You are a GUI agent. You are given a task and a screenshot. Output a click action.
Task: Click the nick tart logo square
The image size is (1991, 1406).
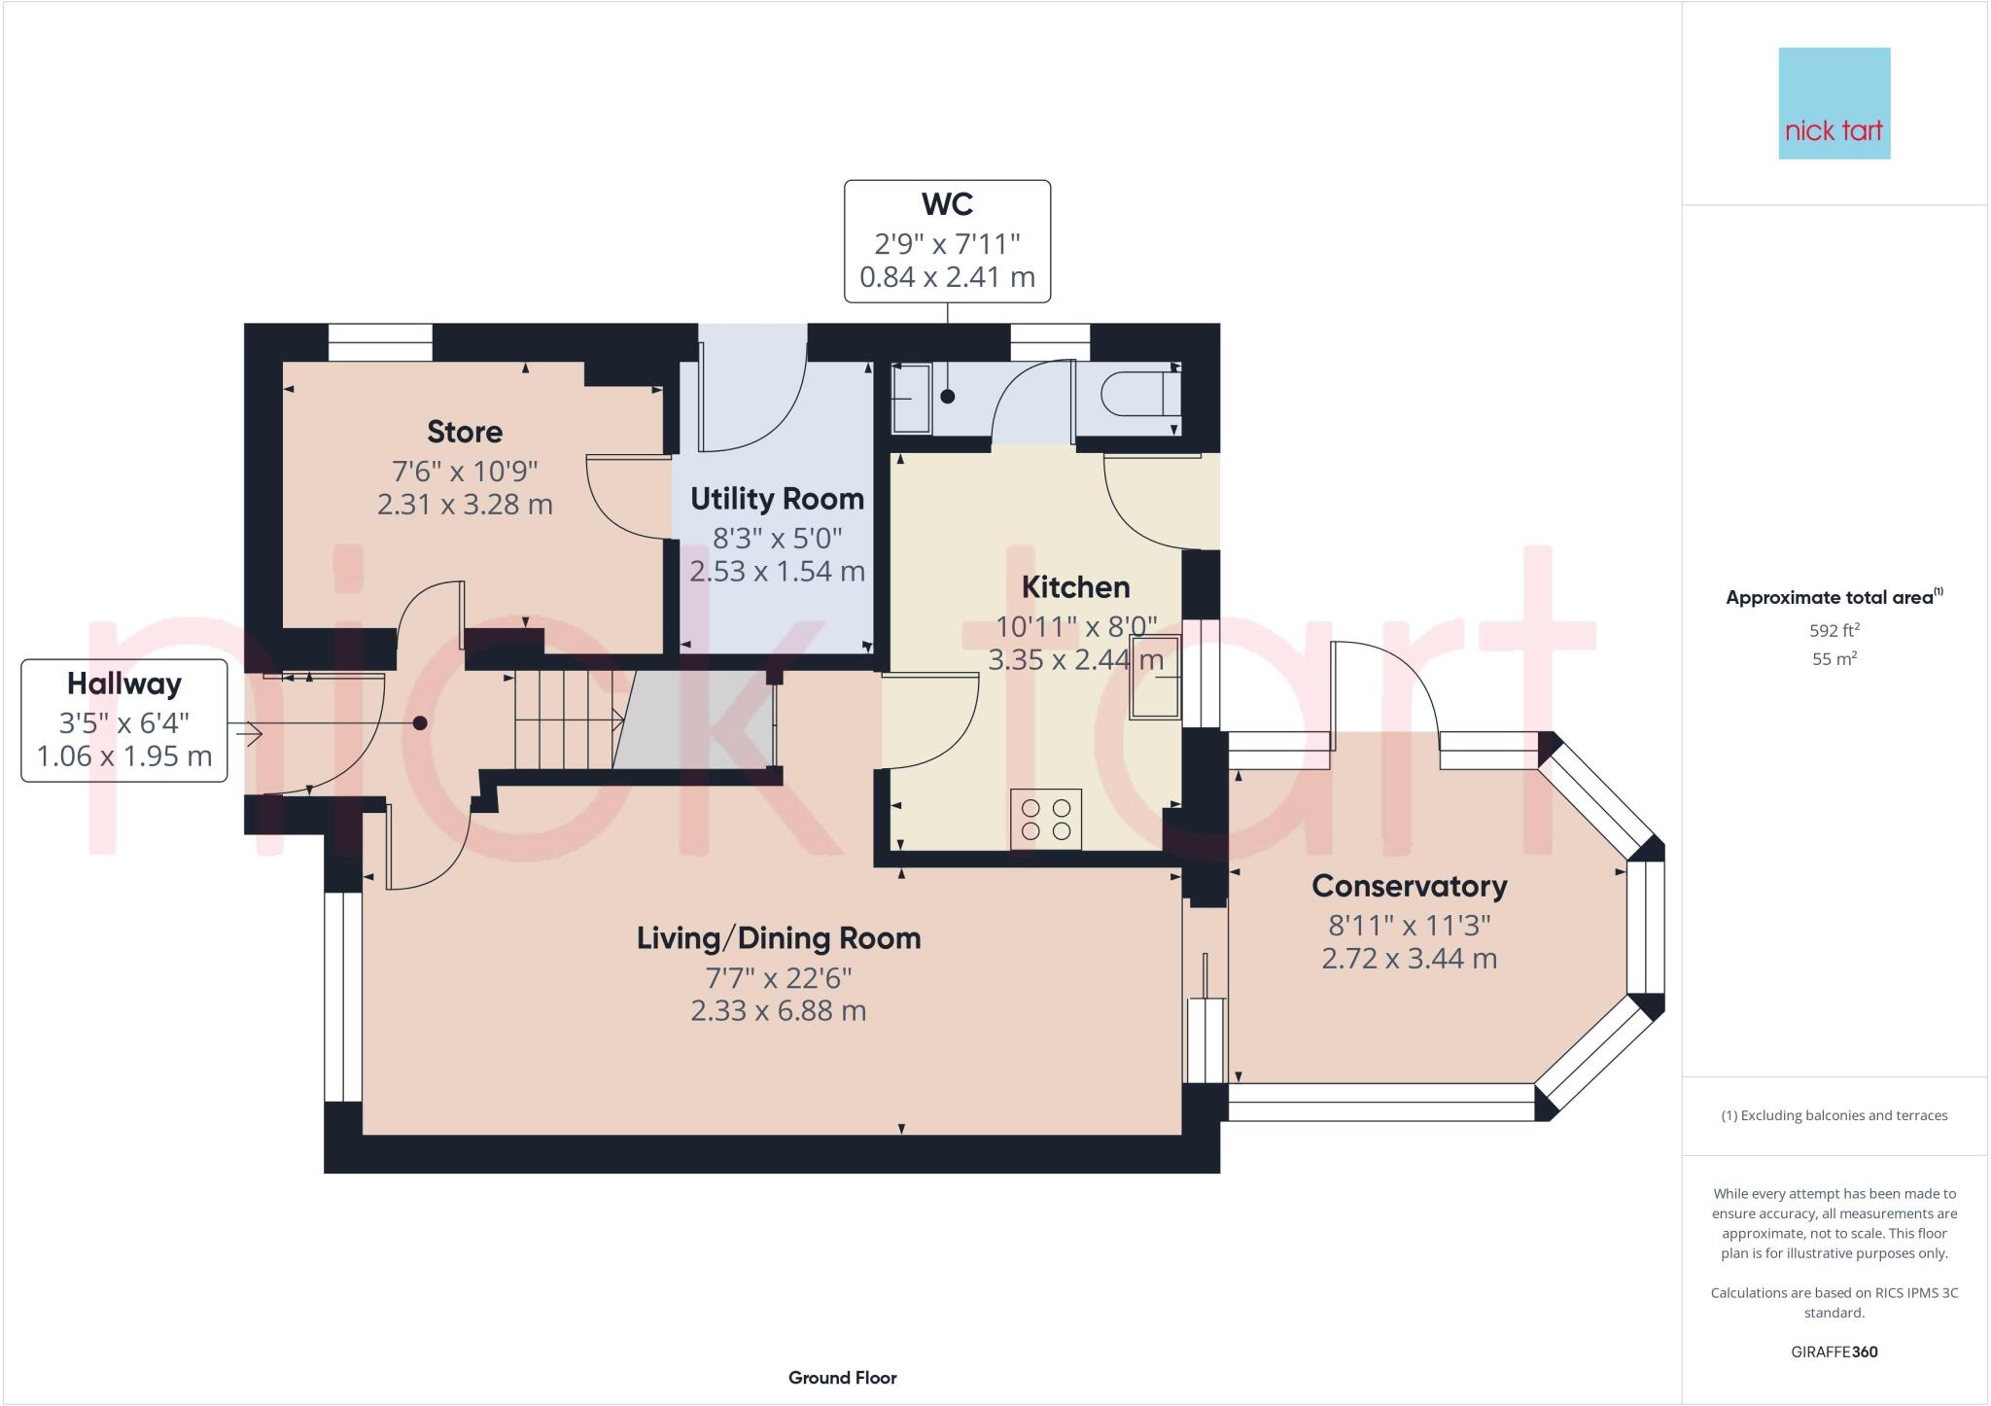click(x=1834, y=103)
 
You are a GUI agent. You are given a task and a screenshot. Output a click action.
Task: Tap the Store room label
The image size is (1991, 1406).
click(x=465, y=432)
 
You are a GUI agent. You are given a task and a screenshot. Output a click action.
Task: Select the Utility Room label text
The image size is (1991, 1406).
click(x=777, y=499)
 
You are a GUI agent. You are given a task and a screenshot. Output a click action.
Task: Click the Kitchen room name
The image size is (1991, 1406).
click(x=1075, y=587)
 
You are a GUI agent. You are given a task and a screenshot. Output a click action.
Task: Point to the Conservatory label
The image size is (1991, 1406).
click(x=1409, y=886)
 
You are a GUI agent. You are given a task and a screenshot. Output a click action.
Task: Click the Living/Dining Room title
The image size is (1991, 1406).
click(x=778, y=938)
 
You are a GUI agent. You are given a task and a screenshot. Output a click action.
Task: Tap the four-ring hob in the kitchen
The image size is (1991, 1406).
click(x=1046, y=819)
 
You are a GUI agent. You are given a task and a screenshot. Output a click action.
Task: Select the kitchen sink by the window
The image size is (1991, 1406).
click(x=1154, y=677)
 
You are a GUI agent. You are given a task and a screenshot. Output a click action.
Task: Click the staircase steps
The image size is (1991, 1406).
click(x=564, y=721)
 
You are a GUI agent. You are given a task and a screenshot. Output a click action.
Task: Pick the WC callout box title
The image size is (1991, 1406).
click(x=947, y=204)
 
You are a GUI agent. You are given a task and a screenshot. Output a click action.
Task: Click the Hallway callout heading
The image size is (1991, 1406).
click(x=124, y=684)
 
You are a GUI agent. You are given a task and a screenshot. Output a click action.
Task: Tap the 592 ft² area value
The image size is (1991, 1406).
click(x=1834, y=630)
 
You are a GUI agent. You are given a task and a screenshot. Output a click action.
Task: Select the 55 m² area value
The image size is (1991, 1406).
click(x=1834, y=659)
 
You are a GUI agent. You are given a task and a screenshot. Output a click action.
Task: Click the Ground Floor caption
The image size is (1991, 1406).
click(x=842, y=1378)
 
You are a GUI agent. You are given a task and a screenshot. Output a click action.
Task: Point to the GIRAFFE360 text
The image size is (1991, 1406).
click(x=1834, y=1352)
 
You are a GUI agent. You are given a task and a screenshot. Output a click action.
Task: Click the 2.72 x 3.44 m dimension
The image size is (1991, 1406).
click(x=1409, y=959)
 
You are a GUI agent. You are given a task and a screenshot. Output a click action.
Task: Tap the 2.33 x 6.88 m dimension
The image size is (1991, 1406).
click(x=778, y=1011)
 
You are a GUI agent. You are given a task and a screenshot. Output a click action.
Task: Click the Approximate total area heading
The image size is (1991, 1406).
click(x=1832, y=598)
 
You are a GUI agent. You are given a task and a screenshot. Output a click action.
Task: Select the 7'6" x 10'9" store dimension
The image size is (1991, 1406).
click(x=465, y=472)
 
